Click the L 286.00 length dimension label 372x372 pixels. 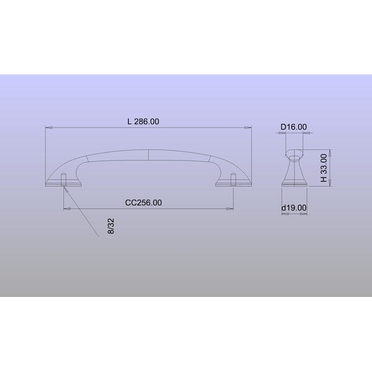(143, 122)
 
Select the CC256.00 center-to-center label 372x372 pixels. (144, 203)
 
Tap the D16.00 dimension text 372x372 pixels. (294, 127)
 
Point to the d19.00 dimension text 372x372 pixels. (294, 208)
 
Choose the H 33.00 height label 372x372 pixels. (324, 168)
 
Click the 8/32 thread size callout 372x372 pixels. (111, 226)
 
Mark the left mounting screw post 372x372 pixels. (63, 179)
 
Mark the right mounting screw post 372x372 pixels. (233, 179)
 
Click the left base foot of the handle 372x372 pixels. (64, 184)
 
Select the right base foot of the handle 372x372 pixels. (234, 184)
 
